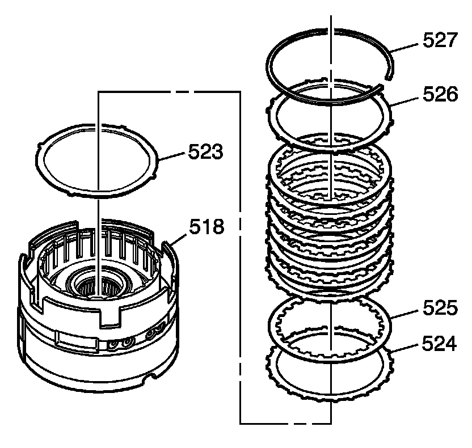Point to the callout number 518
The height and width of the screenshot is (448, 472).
(207, 228)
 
